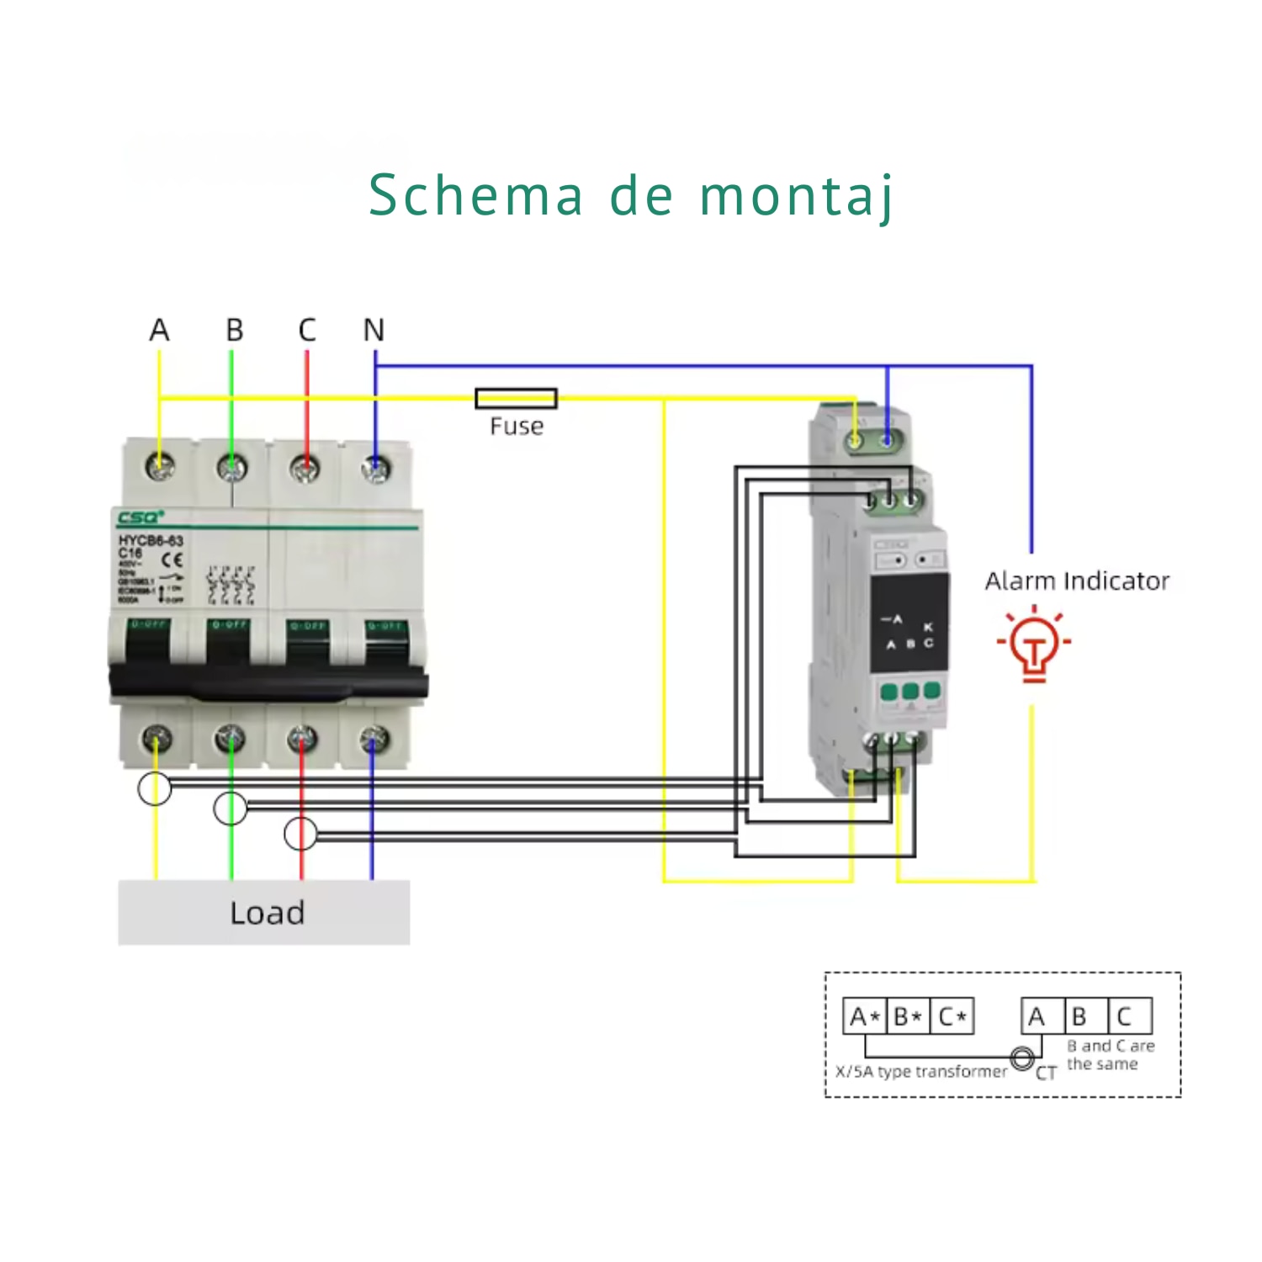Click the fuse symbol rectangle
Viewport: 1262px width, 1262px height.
pyautogui.click(x=516, y=398)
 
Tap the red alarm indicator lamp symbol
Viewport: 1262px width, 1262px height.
pyautogui.click(x=1034, y=644)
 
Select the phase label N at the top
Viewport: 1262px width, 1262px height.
pyautogui.click(x=374, y=330)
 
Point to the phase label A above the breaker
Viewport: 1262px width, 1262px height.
pyautogui.click(x=159, y=330)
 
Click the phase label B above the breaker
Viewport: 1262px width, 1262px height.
pyautogui.click(x=235, y=330)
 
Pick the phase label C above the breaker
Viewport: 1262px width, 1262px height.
pyautogui.click(x=307, y=330)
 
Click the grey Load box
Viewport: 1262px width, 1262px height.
pyautogui.click(x=264, y=913)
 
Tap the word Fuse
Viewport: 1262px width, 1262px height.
pyautogui.click(x=517, y=427)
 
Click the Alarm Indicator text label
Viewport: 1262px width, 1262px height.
pyautogui.click(x=1077, y=581)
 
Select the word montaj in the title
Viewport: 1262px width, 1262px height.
pyautogui.click(x=796, y=196)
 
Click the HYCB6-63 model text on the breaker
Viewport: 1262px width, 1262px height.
pyautogui.click(x=151, y=540)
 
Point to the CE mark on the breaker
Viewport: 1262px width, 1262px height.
pyautogui.click(x=172, y=559)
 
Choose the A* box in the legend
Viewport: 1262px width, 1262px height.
pyautogui.click(x=864, y=1016)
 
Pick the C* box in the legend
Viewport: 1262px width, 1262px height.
pyautogui.click(x=952, y=1016)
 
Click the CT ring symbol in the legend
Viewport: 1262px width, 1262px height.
pyautogui.click(x=1023, y=1058)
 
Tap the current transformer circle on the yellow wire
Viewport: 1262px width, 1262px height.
pyautogui.click(x=155, y=788)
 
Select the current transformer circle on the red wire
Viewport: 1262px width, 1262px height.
pyautogui.click(x=300, y=834)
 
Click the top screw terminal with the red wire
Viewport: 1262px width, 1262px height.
pyautogui.click(x=305, y=468)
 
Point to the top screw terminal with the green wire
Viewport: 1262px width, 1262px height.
pyautogui.click(x=231, y=468)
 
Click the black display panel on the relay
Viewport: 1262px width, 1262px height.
pyautogui.click(x=909, y=623)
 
